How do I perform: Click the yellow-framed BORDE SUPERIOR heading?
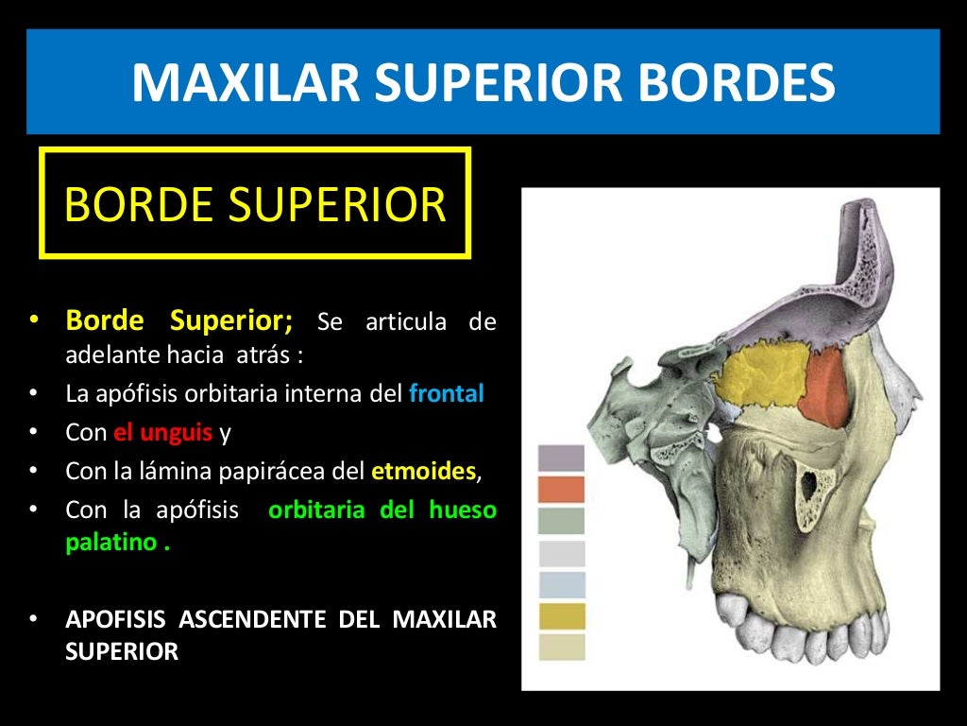(x=255, y=203)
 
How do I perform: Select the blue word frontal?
(x=446, y=393)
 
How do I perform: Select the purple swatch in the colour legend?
(x=561, y=458)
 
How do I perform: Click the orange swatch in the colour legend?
(x=561, y=490)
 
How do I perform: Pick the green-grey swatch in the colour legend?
(x=561, y=521)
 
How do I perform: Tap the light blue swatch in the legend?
(x=561, y=584)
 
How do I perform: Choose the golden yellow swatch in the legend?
(x=561, y=616)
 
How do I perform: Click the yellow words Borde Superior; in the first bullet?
(x=178, y=321)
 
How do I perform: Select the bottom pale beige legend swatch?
(x=561, y=648)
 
